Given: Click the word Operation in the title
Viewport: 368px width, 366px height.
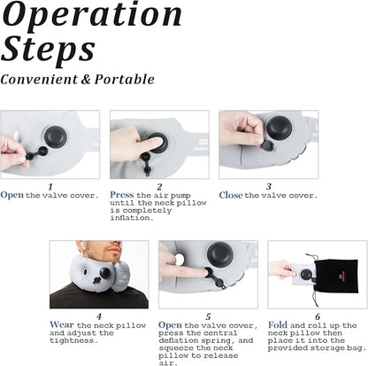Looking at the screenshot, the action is point(92,16).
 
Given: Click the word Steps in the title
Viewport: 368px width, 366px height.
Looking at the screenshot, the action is point(49,50).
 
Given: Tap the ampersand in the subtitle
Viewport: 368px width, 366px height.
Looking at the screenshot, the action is point(85,79).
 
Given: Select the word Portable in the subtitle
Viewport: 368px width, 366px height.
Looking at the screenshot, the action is point(124,80).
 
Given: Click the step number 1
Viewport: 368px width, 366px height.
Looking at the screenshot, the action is point(50,187).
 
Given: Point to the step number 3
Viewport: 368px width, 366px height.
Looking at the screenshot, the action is point(268,186).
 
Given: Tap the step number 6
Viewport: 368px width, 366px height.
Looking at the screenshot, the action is point(318,317).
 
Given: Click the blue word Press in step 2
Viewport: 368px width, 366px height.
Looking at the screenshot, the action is point(122,195).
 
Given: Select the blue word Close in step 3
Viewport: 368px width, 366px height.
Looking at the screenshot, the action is point(231,195).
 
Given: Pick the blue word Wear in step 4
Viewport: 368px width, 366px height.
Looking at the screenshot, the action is point(62,325).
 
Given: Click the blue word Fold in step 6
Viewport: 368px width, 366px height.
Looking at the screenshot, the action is point(278,325).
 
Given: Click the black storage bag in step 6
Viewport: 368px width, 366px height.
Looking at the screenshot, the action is point(336,276).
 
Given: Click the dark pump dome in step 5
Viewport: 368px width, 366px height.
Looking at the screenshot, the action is point(221,253).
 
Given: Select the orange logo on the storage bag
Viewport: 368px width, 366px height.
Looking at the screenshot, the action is point(341,276).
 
